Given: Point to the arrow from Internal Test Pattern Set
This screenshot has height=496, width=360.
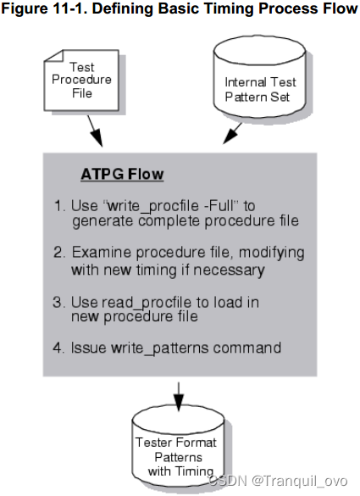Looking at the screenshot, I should pyautogui.click(x=232, y=134).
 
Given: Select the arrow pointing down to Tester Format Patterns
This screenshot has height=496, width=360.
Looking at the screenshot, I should pyautogui.click(x=177, y=392).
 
